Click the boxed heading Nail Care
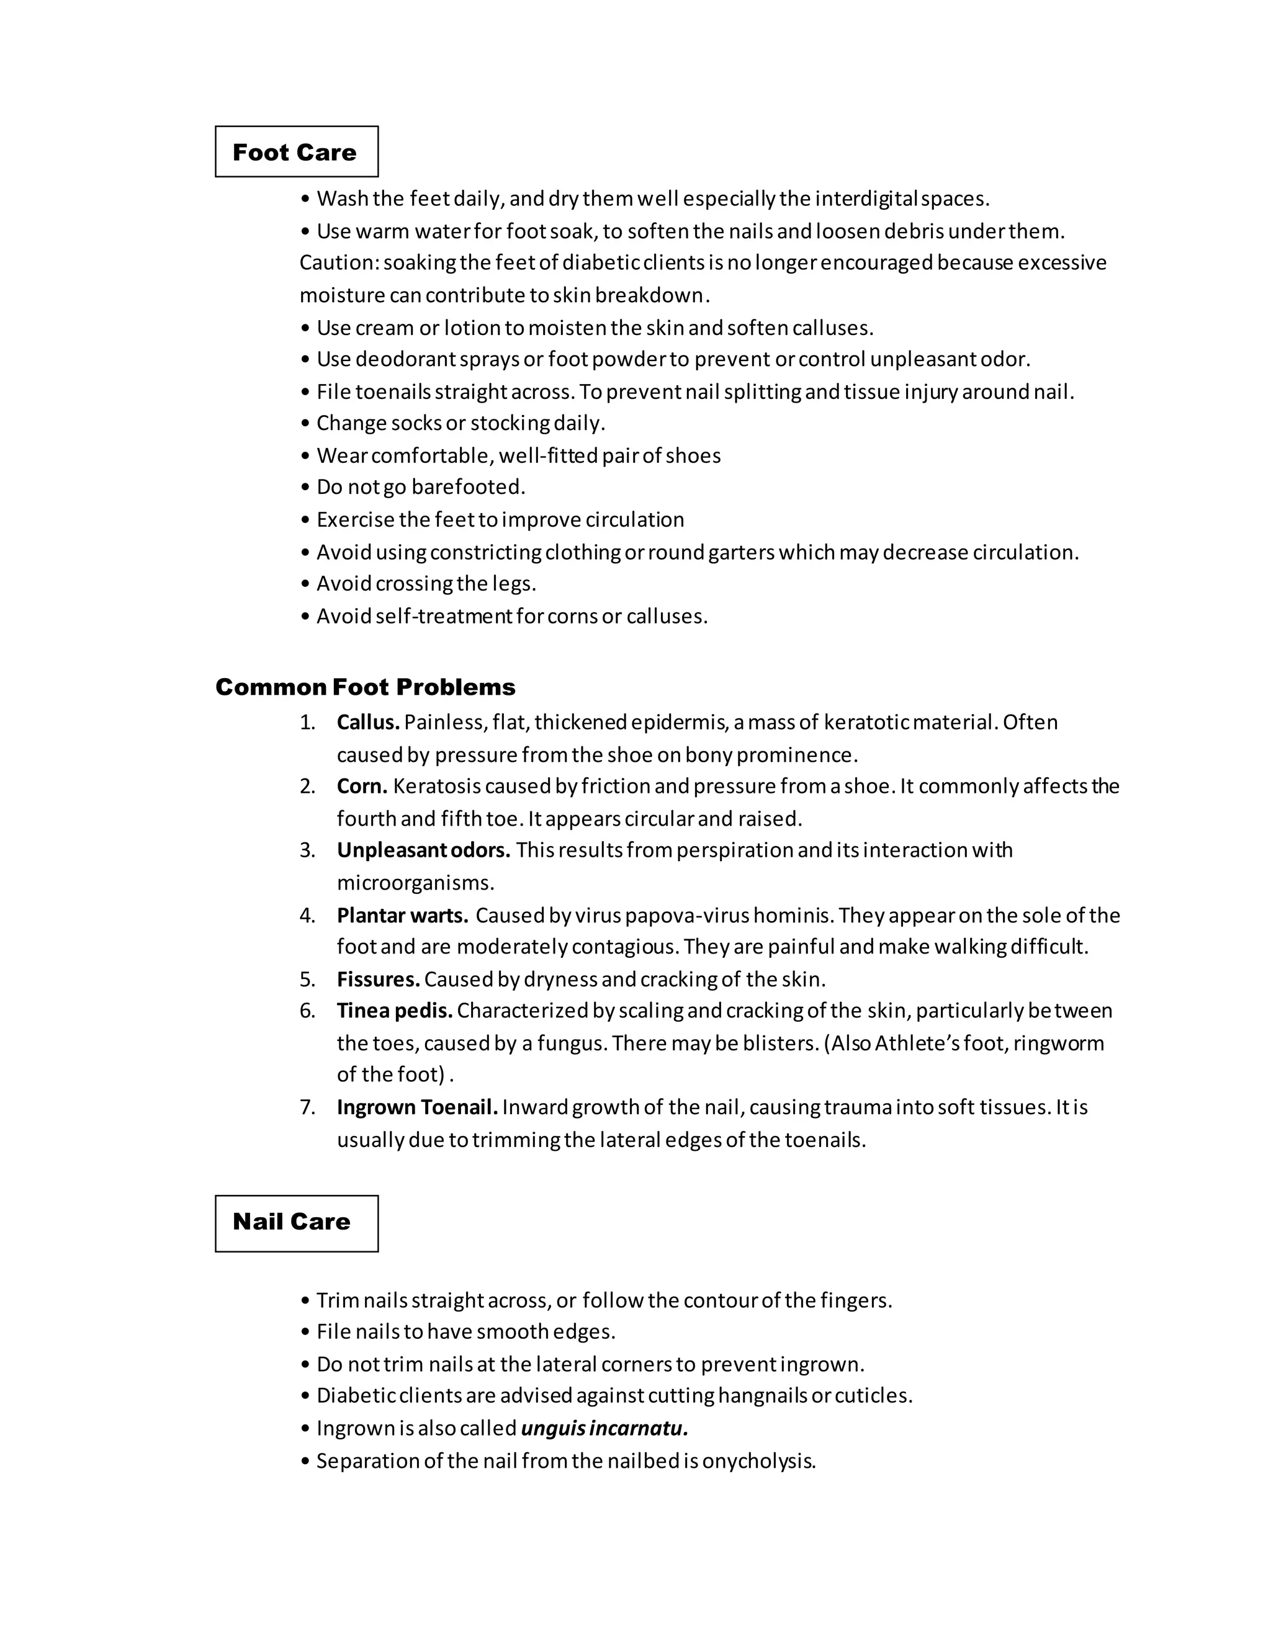tap(292, 1221)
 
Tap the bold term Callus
tap(367, 723)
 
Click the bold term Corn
tap(361, 787)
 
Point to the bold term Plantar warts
tap(402, 915)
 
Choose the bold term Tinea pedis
tap(394, 1010)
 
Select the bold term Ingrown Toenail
tap(417, 1107)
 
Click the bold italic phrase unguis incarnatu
tap(604, 1428)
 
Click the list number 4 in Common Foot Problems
tap(307, 915)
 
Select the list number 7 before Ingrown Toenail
tap(307, 1107)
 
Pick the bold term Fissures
tap(378, 980)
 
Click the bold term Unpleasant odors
tap(423, 851)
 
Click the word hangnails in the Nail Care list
tap(762, 1396)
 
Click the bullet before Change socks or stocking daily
tap(305, 424)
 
